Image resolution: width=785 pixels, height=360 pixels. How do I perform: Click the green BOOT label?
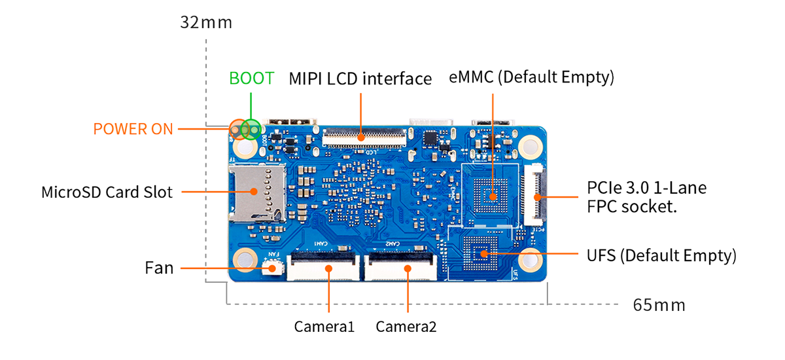pyautogui.click(x=251, y=78)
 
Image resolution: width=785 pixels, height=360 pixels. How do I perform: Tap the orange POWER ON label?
pyautogui.click(x=133, y=129)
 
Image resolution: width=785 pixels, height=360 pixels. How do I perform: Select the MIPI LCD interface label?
pyautogui.click(x=360, y=79)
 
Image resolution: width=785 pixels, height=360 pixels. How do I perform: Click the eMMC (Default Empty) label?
pyautogui.click(x=531, y=77)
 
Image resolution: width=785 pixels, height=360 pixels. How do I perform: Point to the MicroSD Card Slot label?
pyautogui.click(x=107, y=192)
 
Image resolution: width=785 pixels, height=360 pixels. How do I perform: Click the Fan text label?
pyautogui.click(x=159, y=268)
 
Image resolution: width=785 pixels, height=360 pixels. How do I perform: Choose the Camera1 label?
pyautogui.click(x=324, y=327)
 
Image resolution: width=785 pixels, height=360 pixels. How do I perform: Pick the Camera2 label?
pyautogui.click(x=406, y=327)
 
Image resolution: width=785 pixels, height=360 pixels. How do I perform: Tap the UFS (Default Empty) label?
pyautogui.click(x=661, y=255)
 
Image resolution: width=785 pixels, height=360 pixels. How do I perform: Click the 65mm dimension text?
pyautogui.click(x=659, y=305)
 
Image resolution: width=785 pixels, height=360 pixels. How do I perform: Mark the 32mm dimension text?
pyautogui.click(x=206, y=22)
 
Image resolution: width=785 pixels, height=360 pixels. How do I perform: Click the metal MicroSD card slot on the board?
pyautogui.click(x=257, y=194)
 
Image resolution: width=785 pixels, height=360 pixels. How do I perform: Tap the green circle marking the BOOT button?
pyautogui.click(x=251, y=130)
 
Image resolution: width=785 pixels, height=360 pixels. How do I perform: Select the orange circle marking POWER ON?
pyautogui.click(x=239, y=130)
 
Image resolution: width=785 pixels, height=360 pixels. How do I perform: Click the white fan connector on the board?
pyautogui.click(x=273, y=268)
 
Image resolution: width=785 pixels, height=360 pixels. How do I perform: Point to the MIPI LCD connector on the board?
pyautogui.click(x=364, y=137)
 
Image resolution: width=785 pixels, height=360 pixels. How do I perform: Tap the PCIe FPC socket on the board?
pyautogui.click(x=533, y=194)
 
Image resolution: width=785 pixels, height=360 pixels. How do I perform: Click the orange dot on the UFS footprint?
pyautogui.click(x=483, y=254)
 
